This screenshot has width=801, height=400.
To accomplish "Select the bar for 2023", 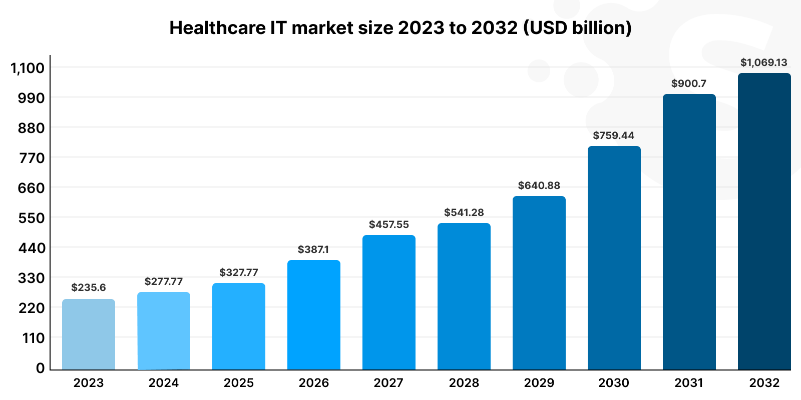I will tap(89, 334).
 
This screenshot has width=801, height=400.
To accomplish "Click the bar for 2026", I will tap(314, 315).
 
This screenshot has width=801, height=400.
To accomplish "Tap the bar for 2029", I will tap(539, 283).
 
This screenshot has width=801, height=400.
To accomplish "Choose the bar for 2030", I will tap(614, 258).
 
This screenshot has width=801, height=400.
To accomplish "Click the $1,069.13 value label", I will tap(764, 62).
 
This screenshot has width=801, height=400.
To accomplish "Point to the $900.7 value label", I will tap(689, 83).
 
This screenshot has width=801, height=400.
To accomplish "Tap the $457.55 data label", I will tap(389, 224).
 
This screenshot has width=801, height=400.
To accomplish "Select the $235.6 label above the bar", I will tap(89, 287).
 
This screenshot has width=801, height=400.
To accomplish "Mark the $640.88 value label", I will tap(539, 185).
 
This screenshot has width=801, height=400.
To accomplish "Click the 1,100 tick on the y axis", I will tap(28, 68).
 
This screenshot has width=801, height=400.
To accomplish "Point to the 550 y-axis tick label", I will tap(31, 218).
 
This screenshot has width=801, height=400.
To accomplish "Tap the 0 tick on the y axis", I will tap(41, 368).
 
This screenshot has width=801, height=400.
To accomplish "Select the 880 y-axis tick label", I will tap(31, 128).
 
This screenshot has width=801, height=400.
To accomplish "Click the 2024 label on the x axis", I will tap(164, 383).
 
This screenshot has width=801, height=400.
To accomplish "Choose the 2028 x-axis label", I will tap(464, 383).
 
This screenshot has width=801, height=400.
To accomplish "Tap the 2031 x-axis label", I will tap(689, 383).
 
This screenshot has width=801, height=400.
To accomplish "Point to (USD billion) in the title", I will tap(577, 27).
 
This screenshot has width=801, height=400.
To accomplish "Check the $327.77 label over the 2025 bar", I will tap(239, 272).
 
